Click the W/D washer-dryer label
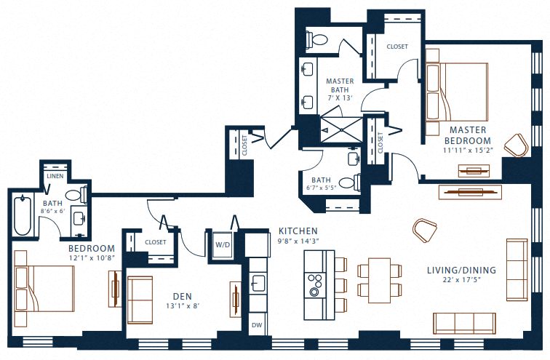pyautogui.click(x=222, y=244)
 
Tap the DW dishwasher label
pyautogui.click(x=257, y=325)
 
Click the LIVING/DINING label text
pyautogui.click(x=461, y=271)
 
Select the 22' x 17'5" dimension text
pyautogui.click(x=461, y=280)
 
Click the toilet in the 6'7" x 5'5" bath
pyautogui.click(x=359, y=182)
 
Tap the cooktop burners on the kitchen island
pyautogui.click(x=314, y=284)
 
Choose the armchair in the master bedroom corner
pyautogui.click(x=517, y=144)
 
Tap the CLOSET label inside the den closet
pyautogui.click(x=156, y=242)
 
